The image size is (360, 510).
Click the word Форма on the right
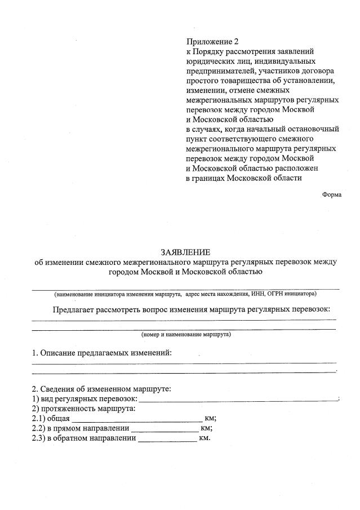coord(331,194)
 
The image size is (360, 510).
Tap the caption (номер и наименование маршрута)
coord(185,334)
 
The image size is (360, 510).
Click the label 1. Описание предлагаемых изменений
coord(101,353)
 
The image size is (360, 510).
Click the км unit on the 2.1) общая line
coord(210,418)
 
